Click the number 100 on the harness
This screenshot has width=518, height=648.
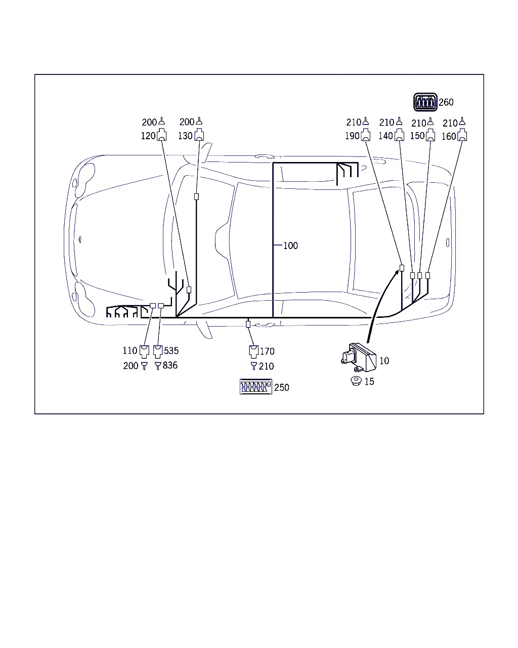point(290,246)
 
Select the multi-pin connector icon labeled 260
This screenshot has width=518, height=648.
point(425,102)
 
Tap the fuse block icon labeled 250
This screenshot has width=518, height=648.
point(256,387)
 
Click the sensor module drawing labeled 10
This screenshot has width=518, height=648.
point(359,357)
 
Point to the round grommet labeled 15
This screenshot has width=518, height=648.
point(356,381)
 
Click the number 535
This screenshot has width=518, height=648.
point(171,351)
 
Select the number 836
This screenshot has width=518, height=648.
point(170,366)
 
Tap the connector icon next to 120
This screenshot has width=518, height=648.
point(162,135)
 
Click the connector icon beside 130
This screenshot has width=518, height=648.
point(199,135)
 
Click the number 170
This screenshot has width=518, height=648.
point(267,351)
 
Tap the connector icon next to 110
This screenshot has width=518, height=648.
point(145,352)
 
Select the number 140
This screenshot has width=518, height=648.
point(385,136)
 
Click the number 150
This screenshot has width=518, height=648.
point(417,136)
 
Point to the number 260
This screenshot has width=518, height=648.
point(446,102)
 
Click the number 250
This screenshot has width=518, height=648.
point(282,388)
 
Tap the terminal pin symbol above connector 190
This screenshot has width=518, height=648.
point(365,121)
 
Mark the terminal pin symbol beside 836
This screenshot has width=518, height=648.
point(158,366)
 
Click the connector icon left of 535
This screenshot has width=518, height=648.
point(158,352)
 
